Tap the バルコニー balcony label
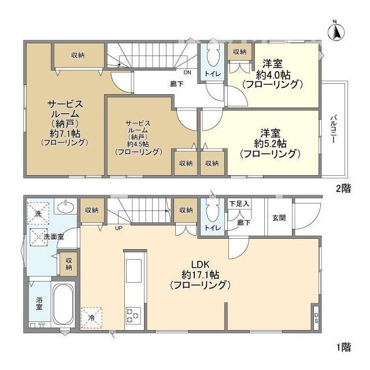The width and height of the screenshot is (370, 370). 334,130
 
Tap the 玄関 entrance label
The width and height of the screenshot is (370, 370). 279,218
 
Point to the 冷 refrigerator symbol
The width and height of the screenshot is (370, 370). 91,317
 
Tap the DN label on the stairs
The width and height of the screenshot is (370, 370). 187,73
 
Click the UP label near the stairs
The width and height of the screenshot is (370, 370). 118,228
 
